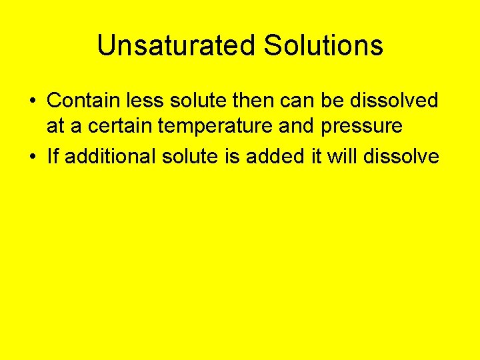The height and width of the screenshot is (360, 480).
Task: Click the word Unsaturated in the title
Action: point(176,46)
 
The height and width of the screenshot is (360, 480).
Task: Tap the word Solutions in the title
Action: point(323,46)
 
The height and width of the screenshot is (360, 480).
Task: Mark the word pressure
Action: point(365,125)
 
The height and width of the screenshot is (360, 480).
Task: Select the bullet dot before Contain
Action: point(32,101)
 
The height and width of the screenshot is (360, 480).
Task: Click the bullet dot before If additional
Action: point(32,157)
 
